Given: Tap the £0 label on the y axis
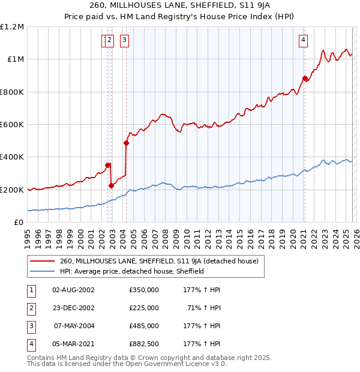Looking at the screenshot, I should (19, 223).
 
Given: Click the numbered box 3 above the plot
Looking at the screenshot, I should (124, 41).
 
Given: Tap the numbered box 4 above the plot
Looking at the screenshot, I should (304, 41).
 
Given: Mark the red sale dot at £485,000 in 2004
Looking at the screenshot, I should (126, 143).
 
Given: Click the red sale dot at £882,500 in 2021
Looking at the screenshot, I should (305, 78).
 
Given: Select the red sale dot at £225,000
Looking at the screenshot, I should (112, 185).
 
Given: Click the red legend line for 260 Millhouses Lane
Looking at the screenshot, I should (42, 261).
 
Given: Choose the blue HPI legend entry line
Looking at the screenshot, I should (42, 271).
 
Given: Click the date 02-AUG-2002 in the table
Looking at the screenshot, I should (73, 290).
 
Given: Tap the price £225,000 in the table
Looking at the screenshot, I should (144, 308).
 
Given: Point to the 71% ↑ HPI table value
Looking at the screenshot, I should (204, 308).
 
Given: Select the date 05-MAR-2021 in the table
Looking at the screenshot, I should (73, 344).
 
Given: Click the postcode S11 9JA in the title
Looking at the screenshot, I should (235, 7).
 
